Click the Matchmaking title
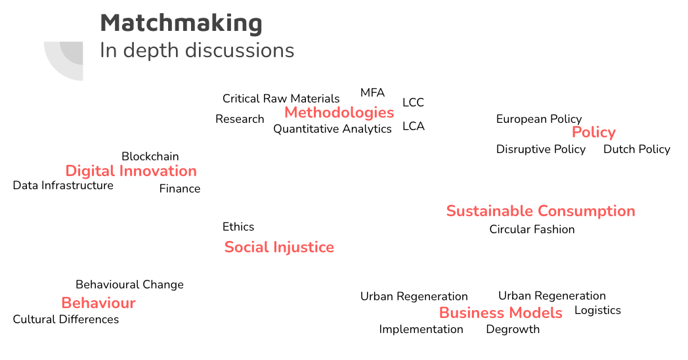pyautogui.click(x=181, y=23)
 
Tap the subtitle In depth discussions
pyautogui.click(x=197, y=51)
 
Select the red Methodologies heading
pyautogui.click(x=339, y=113)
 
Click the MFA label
pyautogui.click(x=372, y=93)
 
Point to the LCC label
pyautogui.click(x=414, y=102)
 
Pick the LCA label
pyautogui.click(x=414, y=126)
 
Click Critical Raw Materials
pyautogui.click(x=281, y=99)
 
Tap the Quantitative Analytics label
pyautogui.click(x=332, y=129)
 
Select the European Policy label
pyautogui.click(x=539, y=119)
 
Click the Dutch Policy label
pyautogui.click(x=637, y=149)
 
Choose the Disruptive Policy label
pyautogui.click(x=540, y=149)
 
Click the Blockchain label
pyautogui.click(x=150, y=156)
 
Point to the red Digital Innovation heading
pyautogui.click(x=131, y=171)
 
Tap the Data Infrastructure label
pyautogui.click(x=63, y=185)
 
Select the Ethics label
pyautogui.click(x=238, y=227)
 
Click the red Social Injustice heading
pyautogui.click(x=279, y=247)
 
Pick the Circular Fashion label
pyautogui.click(x=532, y=229)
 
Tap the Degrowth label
pyautogui.click(x=513, y=329)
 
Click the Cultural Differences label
pyautogui.click(x=66, y=319)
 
